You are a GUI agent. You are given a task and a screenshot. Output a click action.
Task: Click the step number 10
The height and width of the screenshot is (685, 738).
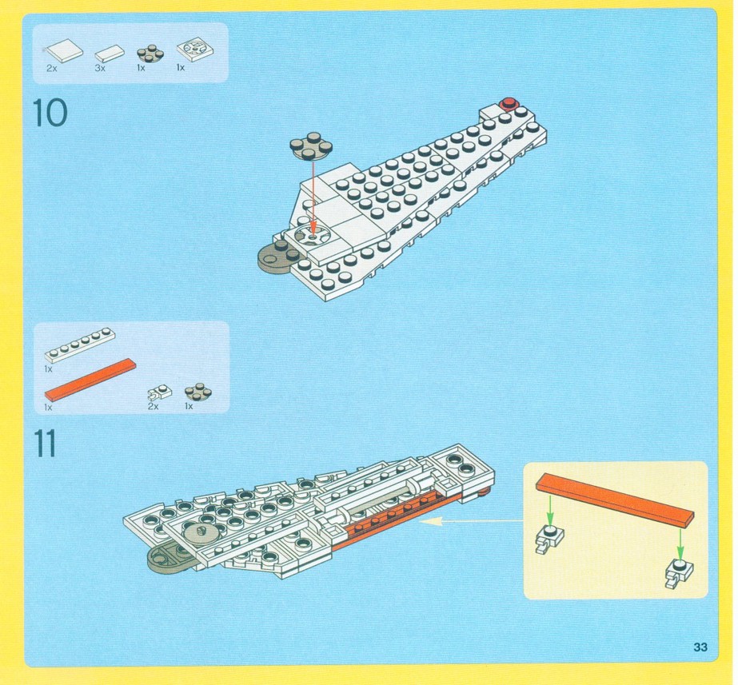coord(50,113)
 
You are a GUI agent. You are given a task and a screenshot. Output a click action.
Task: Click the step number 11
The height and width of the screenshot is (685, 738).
coord(45,443)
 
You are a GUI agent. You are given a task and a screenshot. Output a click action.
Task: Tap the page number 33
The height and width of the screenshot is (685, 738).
coord(700,647)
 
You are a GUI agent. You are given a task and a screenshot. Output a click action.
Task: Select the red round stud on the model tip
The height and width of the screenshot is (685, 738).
coord(509,103)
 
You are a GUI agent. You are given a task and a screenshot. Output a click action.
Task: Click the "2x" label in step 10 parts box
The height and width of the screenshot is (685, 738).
coord(52,68)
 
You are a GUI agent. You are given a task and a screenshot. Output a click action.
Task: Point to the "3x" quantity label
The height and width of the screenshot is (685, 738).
coord(100,68)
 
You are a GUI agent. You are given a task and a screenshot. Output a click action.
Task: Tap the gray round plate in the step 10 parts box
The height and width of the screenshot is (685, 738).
coord(150,54)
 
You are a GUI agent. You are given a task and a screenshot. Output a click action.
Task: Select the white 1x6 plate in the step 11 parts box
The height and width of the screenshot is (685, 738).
coord(80,344)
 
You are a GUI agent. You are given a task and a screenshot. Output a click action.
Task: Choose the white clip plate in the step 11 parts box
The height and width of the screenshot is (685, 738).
coord(160,392)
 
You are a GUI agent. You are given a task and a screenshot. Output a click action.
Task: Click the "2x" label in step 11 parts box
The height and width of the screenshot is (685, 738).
coord(153,406)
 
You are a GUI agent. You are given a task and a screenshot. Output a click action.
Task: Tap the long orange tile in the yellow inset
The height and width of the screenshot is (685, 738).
coord(615,500)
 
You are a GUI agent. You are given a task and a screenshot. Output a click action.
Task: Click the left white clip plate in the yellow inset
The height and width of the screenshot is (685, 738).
coord(549,538)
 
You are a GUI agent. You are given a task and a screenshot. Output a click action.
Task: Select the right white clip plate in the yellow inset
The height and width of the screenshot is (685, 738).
coord(679,572)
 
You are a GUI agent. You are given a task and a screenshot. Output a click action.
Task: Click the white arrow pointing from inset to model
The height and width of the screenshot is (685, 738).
coord(471,521)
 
